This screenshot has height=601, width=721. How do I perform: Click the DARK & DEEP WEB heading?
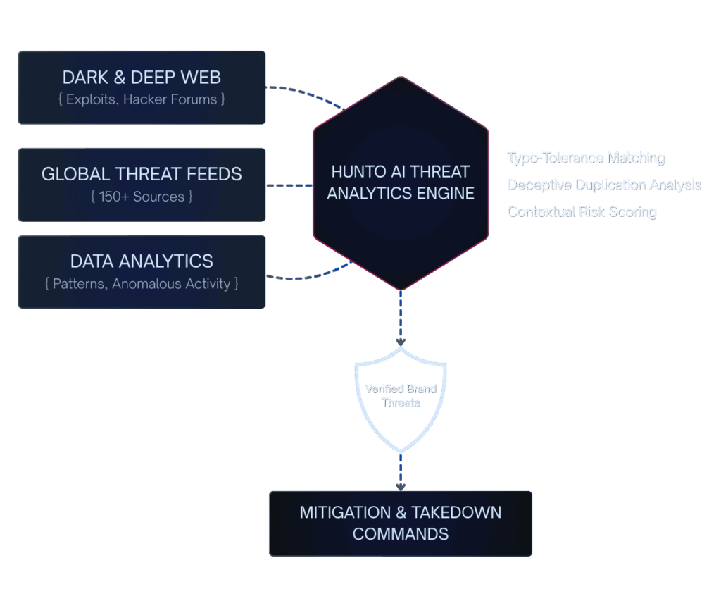click(142, 77)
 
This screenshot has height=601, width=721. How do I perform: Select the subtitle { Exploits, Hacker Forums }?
click(142, 99)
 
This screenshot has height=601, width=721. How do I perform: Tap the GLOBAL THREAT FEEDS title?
click(142, 174)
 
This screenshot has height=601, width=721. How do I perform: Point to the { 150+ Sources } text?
click(142, 196)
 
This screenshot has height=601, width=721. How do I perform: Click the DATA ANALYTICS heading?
click(142, 261)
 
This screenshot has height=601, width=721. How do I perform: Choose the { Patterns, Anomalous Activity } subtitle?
click(142, 284)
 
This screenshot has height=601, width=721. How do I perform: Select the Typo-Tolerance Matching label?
click(586, 158)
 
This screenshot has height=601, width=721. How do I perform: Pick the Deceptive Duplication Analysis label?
click(604, 185)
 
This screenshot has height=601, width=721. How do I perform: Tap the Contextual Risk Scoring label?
click(582, 211)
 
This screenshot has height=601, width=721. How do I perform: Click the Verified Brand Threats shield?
click(401, 398)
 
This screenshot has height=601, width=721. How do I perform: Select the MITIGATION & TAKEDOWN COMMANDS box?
click(401, 523)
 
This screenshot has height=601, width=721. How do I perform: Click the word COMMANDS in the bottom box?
click(401, 534)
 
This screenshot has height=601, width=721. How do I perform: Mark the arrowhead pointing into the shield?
click(401, 342)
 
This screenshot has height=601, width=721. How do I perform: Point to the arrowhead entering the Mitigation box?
click(401, 486)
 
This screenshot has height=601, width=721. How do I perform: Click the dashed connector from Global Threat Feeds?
click(289, 186)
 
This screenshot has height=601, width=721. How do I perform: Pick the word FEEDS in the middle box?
click(217, 174)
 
